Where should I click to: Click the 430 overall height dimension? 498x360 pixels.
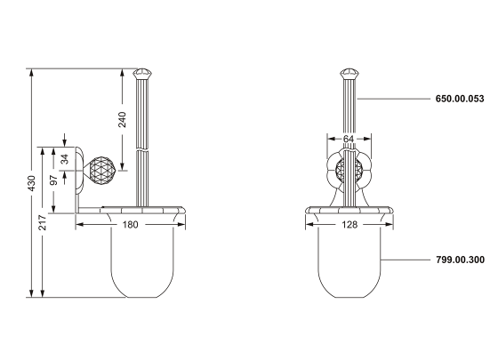pyautogui.click(x=31, y=183)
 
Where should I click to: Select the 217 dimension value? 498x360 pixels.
pyautogui.click(x=43, y=222)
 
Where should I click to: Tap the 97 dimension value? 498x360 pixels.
pyautogui.click(x=54, y=180)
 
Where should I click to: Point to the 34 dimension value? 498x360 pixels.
pyautogui.click(x=65, y=159)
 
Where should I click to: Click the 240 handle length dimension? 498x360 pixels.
pyautogui.click(x=123, y=119)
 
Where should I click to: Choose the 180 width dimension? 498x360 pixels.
pyautogui.click(x=130, y=225)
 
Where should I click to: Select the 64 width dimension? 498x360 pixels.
pyautogui.click(x=349, y=139)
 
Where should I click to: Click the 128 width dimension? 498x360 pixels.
pyautogui.click(x=349, y=225)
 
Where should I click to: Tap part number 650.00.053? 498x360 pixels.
pyautogui.click(x=460, y=99)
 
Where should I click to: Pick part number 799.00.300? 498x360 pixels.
pyautogui.click(x=461, y=260)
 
